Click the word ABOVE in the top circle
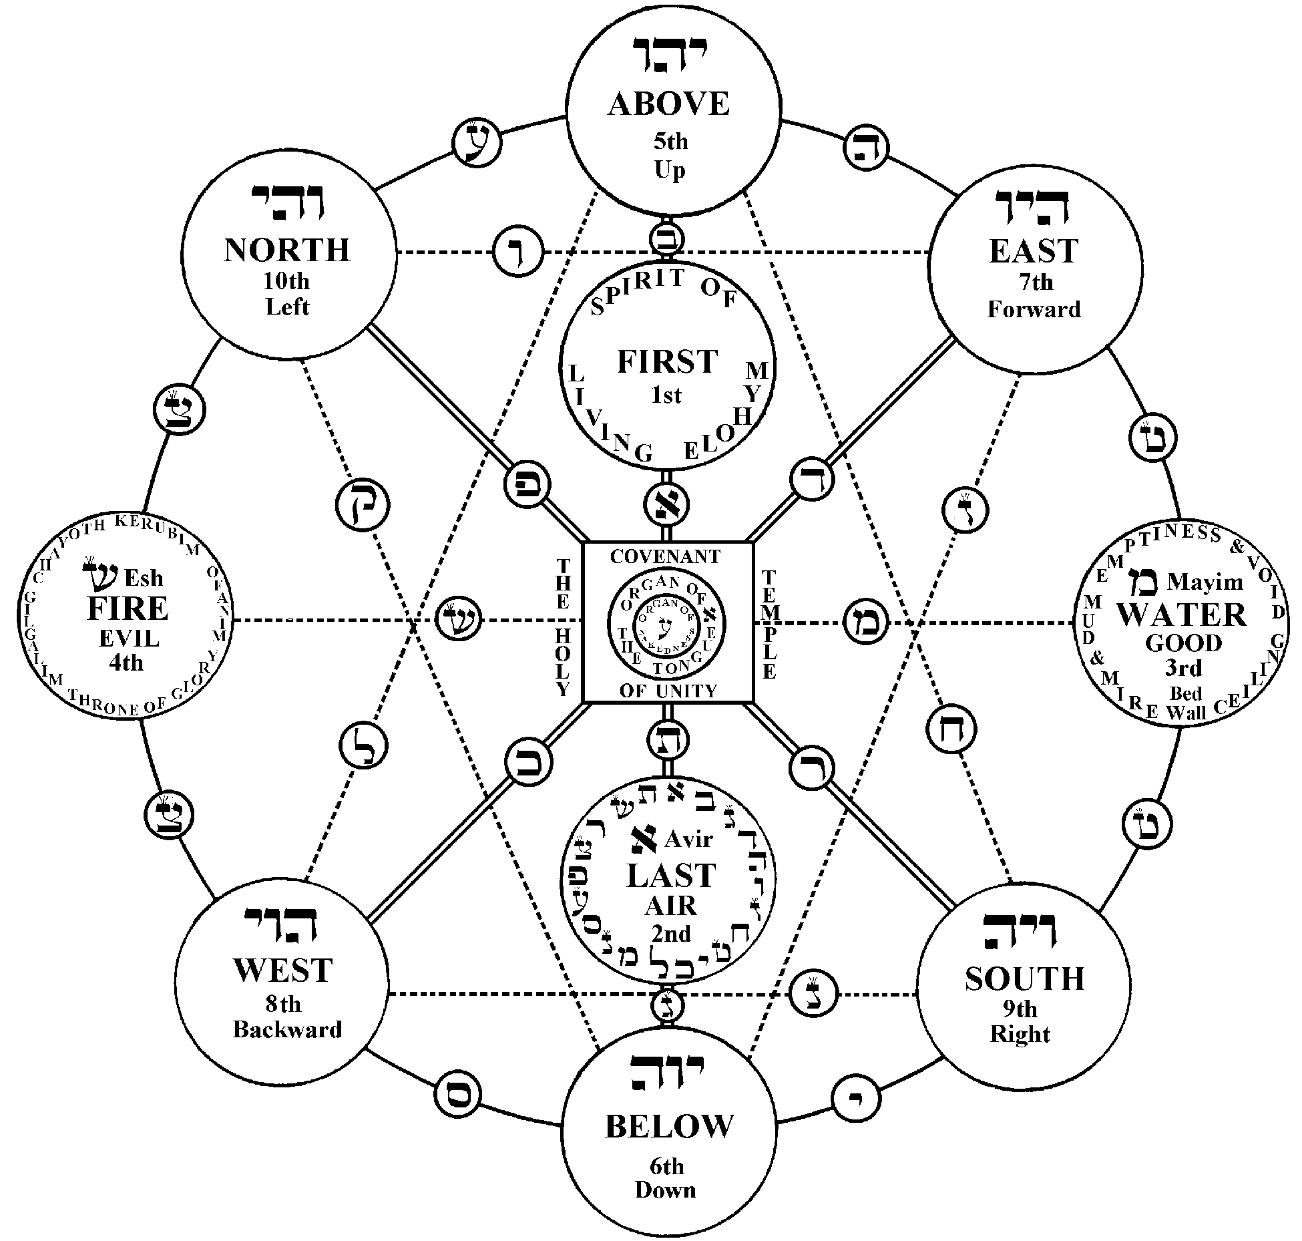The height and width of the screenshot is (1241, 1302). (668, 104)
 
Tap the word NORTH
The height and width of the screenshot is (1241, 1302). (287, 250)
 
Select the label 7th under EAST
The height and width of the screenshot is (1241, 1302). (1036, 283)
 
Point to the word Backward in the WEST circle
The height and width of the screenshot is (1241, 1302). (287, 1029)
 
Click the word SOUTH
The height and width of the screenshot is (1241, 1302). (1024, 979)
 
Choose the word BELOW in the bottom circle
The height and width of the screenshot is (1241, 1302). (668, 1126)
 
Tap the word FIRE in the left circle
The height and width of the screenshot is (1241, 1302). (128, 608)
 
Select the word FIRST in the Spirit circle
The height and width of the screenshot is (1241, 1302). (667, 362)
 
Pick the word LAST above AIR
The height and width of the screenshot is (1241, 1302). (670, 876)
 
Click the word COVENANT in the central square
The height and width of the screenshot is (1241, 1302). (666, 556)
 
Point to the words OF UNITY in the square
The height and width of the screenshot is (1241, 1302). (668, 691)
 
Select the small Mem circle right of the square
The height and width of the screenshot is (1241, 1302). (866, 623)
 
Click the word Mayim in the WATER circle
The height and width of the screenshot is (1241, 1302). (1205, 582)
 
